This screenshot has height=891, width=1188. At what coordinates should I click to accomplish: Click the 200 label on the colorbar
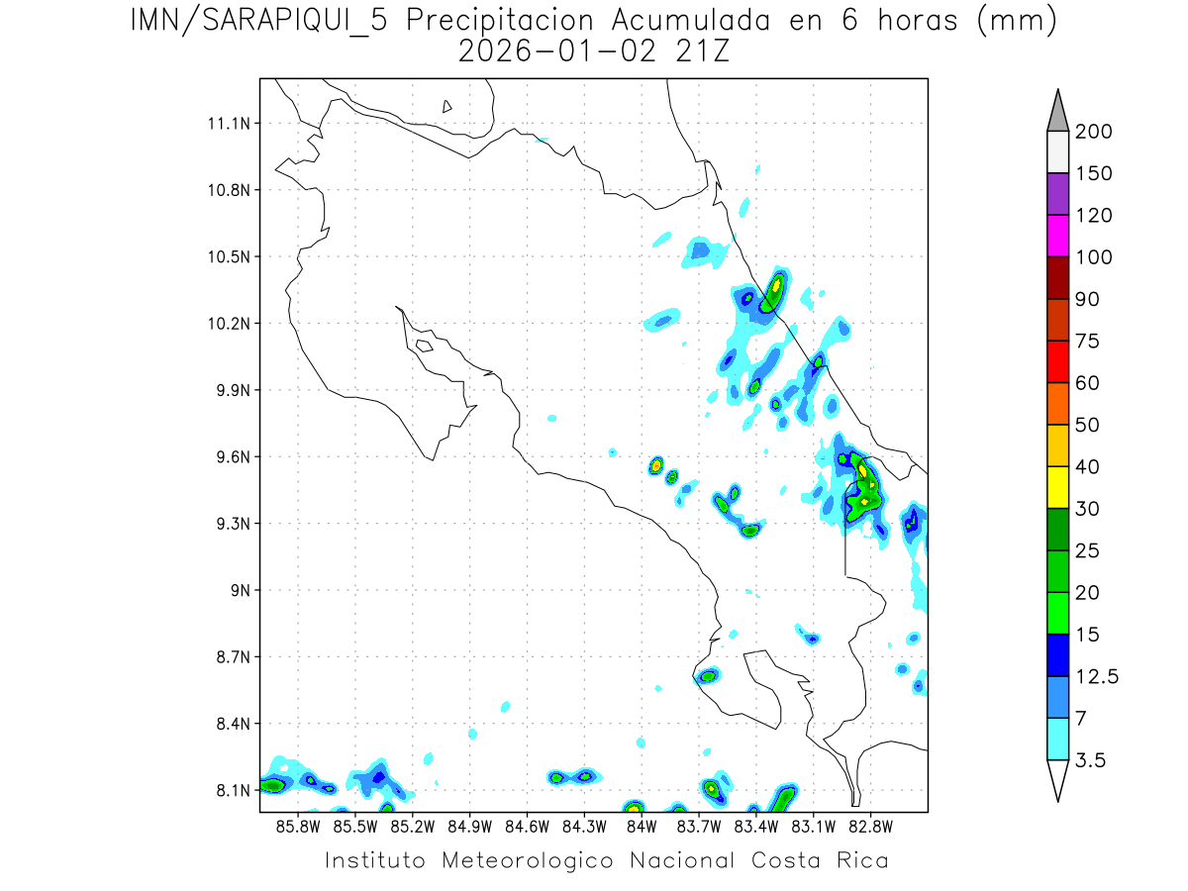pos(1093,132)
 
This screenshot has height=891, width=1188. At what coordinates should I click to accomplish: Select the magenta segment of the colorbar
pos(1057,236)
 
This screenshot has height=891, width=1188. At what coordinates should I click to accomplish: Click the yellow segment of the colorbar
pos(1057,487)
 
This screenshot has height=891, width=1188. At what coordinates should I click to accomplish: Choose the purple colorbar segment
pos(1057,194)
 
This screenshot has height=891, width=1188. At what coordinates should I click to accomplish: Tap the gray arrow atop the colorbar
pos(1057,111)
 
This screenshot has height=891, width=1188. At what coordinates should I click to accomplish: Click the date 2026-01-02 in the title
pos(557,51)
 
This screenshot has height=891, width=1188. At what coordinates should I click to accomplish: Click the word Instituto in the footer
pos(375,860)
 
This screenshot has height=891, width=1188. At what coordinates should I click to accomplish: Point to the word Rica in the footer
pos(861,860)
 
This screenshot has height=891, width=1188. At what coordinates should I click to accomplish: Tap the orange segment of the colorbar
pos(1057,403)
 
